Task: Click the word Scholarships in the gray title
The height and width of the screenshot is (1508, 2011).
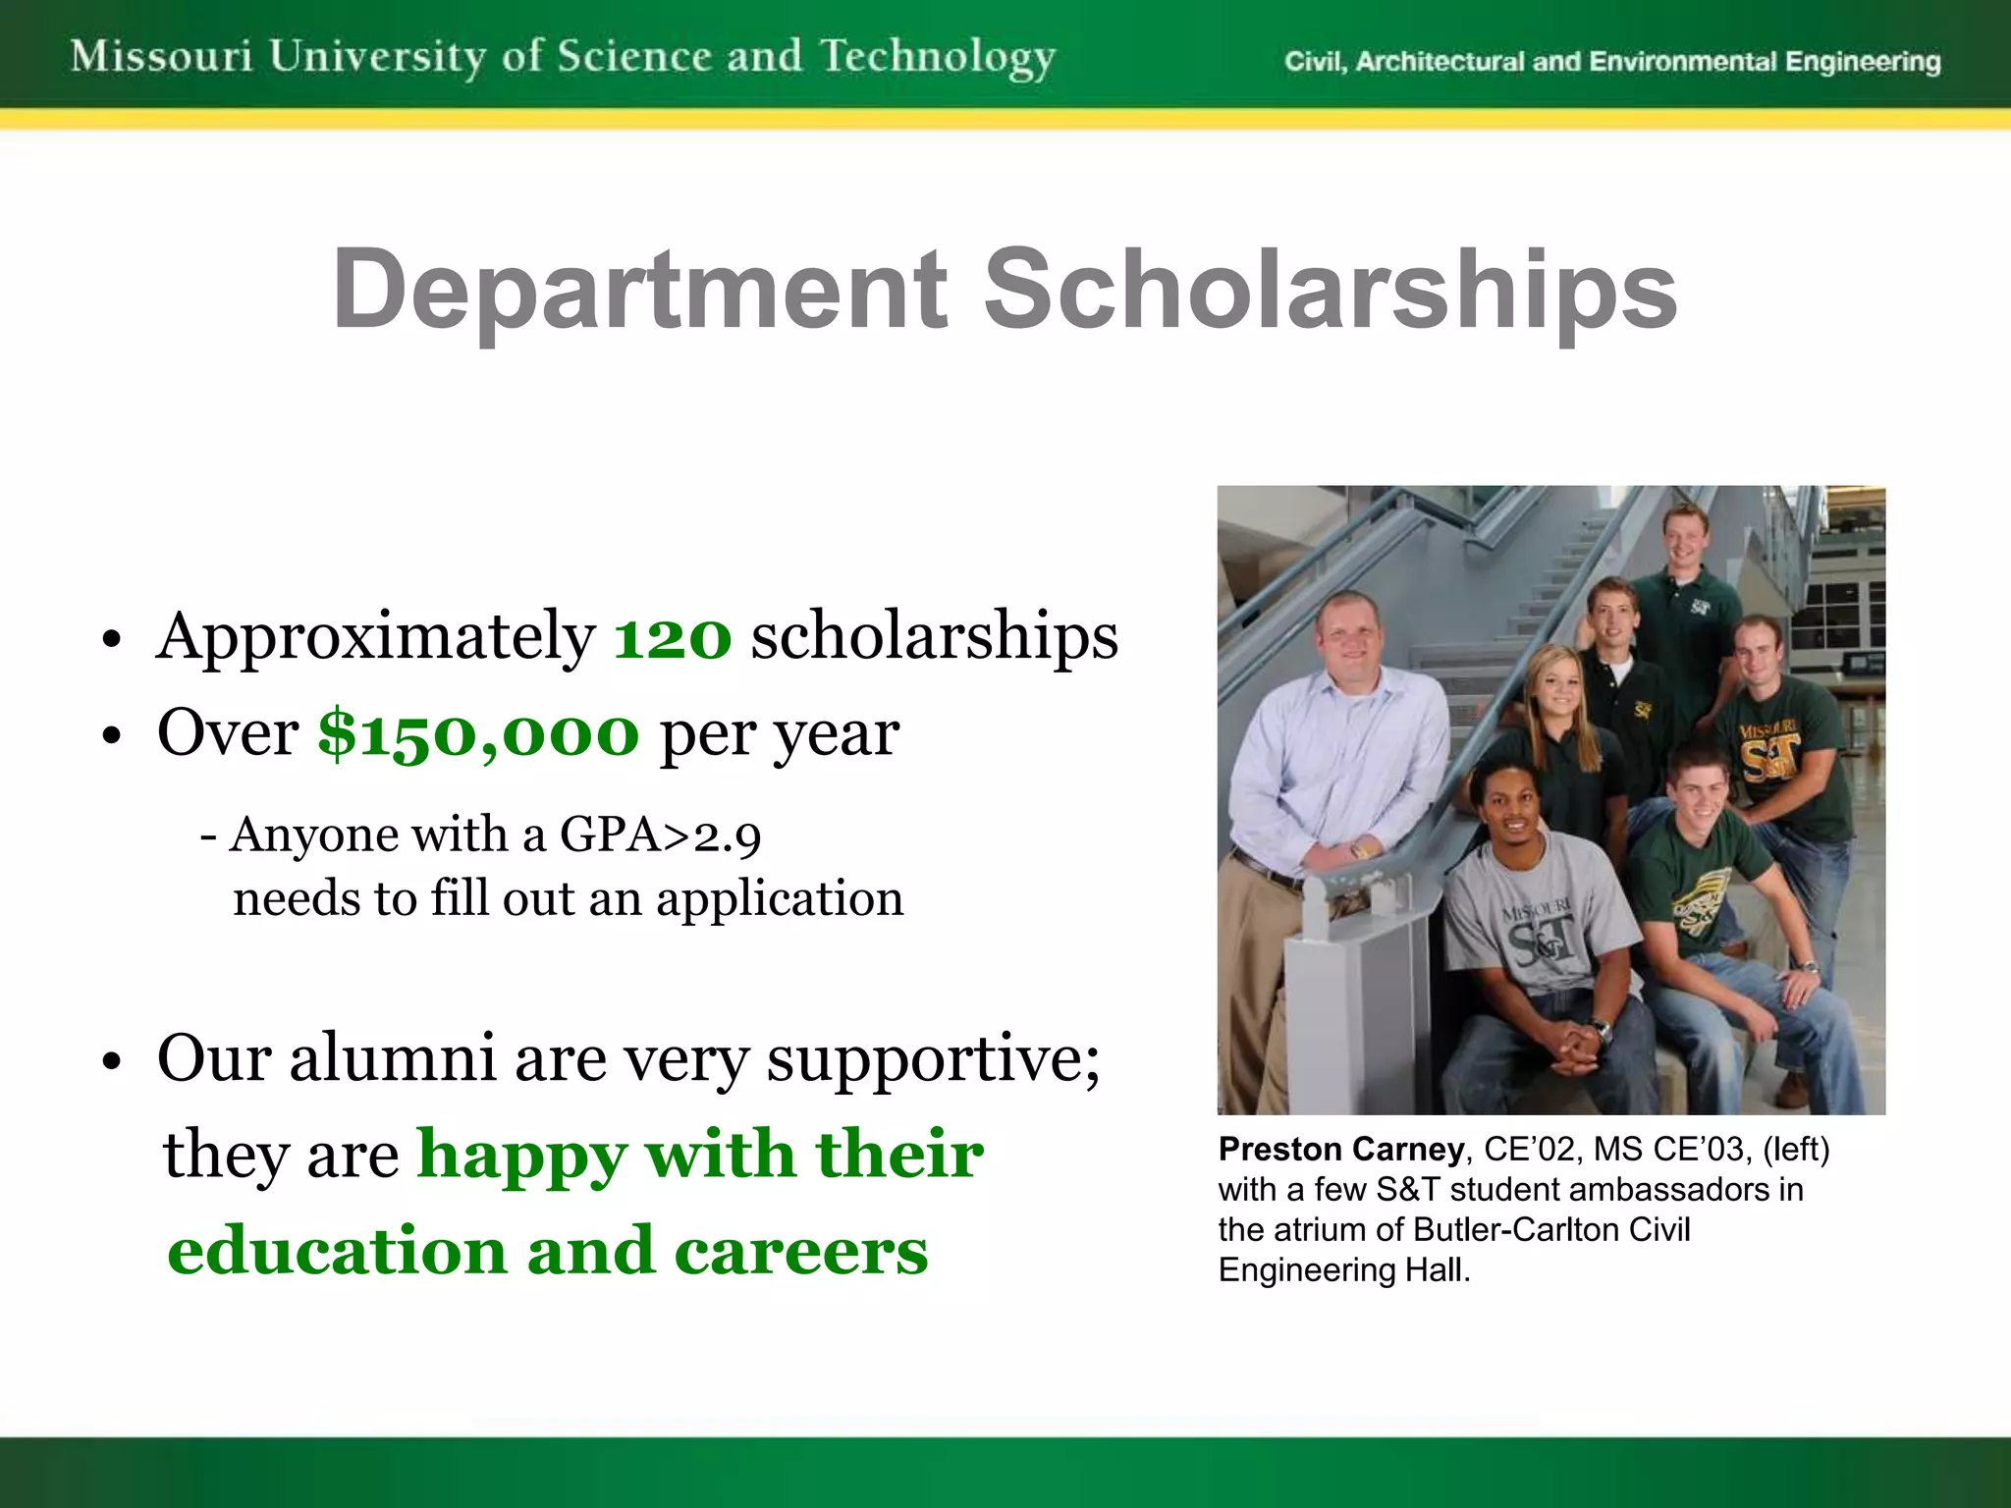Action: click(1330, 290)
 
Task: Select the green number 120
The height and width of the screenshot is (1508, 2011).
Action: click(673, 637)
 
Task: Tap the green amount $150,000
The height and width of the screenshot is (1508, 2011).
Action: click(478, 733)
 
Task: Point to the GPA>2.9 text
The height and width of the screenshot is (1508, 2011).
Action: click(660, 835)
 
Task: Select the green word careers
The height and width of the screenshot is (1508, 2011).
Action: click(800, 1252)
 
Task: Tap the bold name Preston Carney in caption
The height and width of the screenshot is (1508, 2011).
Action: click(1340, 1149)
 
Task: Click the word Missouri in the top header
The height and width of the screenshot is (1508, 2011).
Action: click(162, 56)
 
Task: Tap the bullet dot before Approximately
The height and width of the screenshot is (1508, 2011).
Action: click(112, 641)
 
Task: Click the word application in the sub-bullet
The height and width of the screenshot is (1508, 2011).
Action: click(780, 898)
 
